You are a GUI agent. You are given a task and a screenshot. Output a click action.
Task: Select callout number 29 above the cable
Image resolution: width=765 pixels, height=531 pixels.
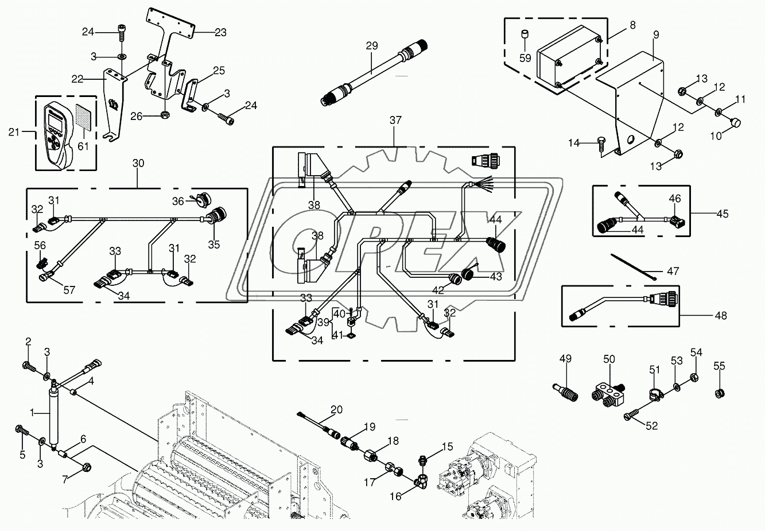click(372, 45)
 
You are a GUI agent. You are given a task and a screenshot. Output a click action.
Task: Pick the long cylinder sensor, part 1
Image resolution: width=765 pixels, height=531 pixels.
click(55, 416)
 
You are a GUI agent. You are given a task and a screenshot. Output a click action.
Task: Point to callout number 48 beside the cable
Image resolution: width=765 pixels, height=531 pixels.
click(721, 315)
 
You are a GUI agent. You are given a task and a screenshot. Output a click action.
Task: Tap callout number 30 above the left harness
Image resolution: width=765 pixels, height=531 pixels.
click(138, 164)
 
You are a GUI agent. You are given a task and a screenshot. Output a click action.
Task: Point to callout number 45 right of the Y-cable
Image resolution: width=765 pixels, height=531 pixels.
click(722, 214)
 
